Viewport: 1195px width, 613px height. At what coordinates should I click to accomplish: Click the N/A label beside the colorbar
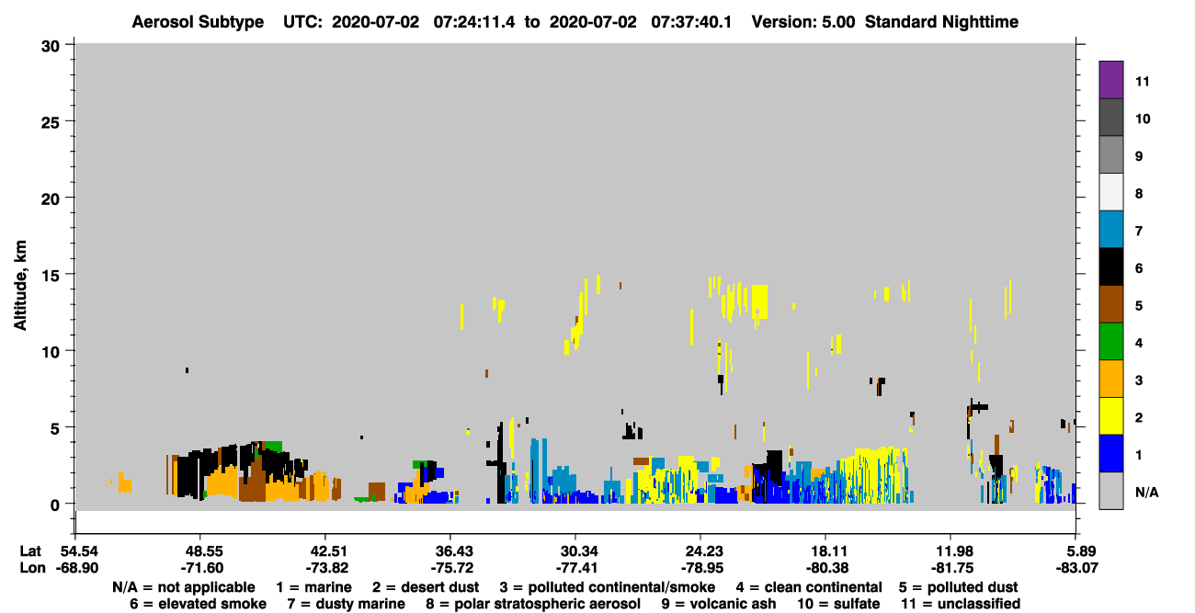pyautogui.click(x=1146, y=492)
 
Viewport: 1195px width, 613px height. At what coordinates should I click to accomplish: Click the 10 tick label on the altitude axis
pyautogui.click(x=51, y=352)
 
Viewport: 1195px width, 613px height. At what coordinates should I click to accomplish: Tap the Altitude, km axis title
pyautogui.click(x=19, y=286)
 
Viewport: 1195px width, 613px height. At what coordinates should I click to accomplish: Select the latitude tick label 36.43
pyautogui.click(x=454, y=551)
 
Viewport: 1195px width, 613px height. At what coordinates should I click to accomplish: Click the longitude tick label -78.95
pyautogui.click(x=702, y=568)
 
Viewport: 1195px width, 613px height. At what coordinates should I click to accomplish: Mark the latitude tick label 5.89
pyautogui.click(x=1076, y=551)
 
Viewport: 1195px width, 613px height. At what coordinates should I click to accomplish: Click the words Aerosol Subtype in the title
pyautogui.click(x=198, y=22)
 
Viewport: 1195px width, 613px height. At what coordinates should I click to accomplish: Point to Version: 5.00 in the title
pyautogui.click(x=802, y=22)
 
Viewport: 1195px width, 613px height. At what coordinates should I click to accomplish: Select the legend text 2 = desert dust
pyautogui.click(x=426, y=587)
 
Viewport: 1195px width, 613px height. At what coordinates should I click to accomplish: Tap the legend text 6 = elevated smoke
pyautogui.click(x=198, y=604)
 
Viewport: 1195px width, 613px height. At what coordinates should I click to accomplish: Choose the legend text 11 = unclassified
pyautogui.click(x=961, y=604)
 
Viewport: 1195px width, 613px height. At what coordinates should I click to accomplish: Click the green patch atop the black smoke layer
pyautogui.click(x=273, y=446)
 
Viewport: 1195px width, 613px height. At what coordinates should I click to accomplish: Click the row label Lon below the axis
pyautogui.click(x=32, y=568)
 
